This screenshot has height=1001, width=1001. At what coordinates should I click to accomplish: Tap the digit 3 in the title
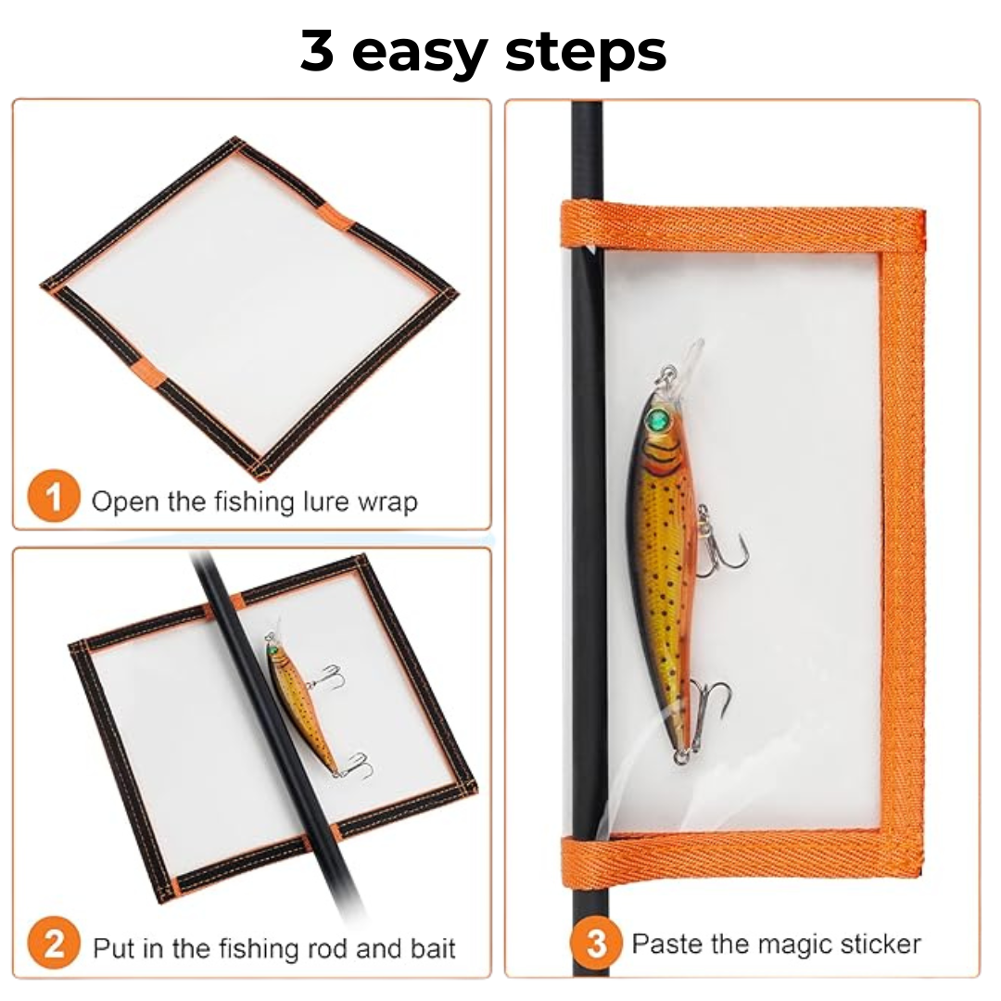317,50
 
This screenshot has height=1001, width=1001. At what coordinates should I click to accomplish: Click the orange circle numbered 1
54,498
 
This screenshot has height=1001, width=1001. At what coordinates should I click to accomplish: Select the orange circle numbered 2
54,946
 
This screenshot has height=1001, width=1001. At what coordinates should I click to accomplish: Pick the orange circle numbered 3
595,944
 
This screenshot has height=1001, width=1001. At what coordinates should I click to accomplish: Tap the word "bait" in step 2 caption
433,949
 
